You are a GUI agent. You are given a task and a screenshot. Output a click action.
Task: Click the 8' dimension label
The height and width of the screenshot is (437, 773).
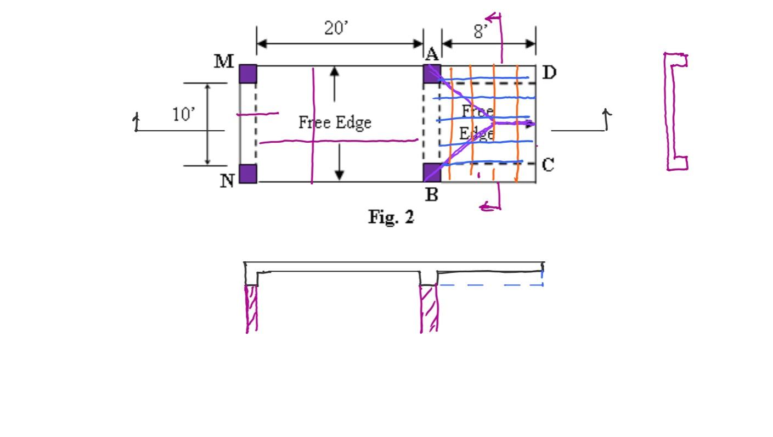pos(481,32)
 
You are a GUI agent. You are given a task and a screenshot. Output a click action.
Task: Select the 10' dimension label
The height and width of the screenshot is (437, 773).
pos(183,115)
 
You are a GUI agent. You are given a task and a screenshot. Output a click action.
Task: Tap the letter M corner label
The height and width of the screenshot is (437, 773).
pos(224,61)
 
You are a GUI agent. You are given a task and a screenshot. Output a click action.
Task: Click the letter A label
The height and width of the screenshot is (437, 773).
pos(432,54)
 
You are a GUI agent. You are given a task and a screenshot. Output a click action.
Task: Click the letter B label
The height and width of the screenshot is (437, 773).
pos(432,194)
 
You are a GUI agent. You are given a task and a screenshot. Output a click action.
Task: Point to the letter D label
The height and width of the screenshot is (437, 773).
pos(549,72)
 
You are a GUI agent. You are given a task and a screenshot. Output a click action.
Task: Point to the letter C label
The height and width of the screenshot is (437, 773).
pos(548,165)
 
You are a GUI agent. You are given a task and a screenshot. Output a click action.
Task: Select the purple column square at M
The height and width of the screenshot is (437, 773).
pos(248,74)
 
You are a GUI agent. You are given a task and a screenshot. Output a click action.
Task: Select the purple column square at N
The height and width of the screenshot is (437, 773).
pos(248,173)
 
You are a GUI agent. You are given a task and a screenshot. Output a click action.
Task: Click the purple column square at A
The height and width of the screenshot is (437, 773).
pos(432,74)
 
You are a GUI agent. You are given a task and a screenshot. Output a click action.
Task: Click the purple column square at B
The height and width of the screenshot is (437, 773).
pos(432,173)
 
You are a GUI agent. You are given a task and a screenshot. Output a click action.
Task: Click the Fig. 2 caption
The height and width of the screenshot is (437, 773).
pos(391,217)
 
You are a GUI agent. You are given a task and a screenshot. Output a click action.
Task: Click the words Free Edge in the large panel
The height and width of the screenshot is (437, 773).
pos(335,122)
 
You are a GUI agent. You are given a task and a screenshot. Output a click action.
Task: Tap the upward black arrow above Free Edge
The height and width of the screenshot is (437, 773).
pos(335,83)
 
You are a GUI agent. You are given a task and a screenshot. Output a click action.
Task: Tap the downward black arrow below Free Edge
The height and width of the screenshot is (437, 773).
pos(340,162)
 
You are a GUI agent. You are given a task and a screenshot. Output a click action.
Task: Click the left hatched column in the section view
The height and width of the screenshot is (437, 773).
pos(251,308)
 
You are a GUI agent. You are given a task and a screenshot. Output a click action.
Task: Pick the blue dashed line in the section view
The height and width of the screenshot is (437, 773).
pos(489,285)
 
